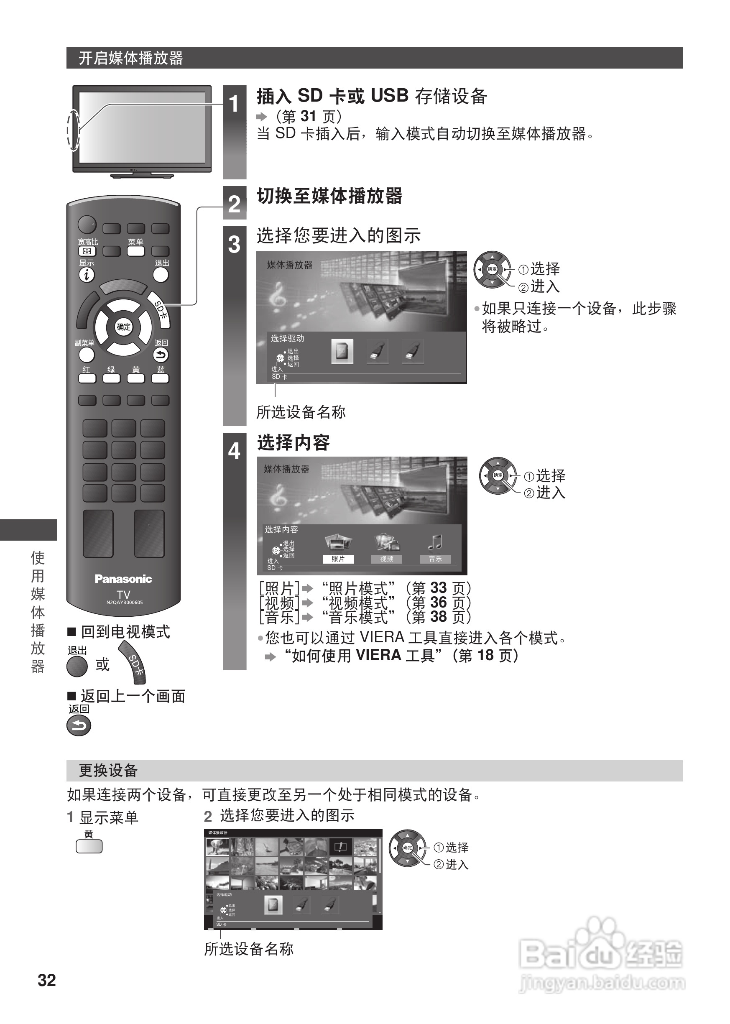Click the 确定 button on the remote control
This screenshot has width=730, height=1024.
124,327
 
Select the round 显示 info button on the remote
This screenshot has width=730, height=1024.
87,275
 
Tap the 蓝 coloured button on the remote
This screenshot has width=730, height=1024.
160,378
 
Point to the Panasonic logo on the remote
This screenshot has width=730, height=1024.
123,579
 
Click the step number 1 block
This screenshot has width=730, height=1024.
234,104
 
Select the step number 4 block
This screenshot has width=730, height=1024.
234,451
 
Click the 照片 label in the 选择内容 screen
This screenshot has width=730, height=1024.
338,559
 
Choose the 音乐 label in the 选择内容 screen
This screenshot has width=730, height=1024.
435,559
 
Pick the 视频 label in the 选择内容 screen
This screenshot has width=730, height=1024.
387,559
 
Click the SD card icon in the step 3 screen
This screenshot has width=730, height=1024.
342,352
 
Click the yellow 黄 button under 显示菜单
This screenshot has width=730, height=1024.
89,847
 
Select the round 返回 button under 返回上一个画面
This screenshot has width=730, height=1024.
79,726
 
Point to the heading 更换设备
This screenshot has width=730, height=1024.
108,771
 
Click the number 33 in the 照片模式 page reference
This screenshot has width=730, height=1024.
438,588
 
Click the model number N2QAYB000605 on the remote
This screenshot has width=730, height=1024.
125,603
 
